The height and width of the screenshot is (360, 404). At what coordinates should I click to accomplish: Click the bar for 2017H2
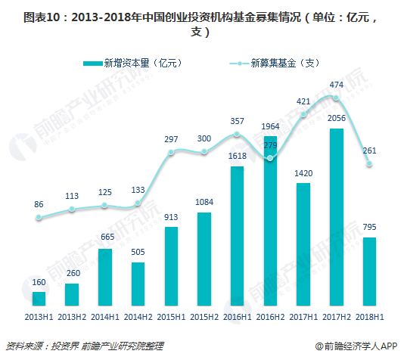click(337, 218)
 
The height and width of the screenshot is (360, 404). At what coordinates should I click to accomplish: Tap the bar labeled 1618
click(237, 236)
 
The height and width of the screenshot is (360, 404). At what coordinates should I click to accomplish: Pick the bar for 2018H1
click(370, 272)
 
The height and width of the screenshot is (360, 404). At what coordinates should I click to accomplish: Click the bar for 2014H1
click(105, 278)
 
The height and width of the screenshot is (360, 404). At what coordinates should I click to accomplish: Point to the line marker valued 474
click(337, 98)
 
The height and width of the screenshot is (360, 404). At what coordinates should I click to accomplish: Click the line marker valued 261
click(370, 165)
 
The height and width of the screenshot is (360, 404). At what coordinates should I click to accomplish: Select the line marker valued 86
click(39, 218)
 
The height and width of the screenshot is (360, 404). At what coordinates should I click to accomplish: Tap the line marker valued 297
click(171, 153)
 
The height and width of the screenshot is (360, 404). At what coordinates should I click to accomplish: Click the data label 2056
click(337, 119)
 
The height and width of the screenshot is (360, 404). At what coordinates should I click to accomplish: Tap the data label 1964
click(270, 126)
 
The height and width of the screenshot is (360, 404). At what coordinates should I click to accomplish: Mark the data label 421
click(303, 101)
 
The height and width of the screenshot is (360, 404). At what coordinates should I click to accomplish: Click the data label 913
click(171, 217)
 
